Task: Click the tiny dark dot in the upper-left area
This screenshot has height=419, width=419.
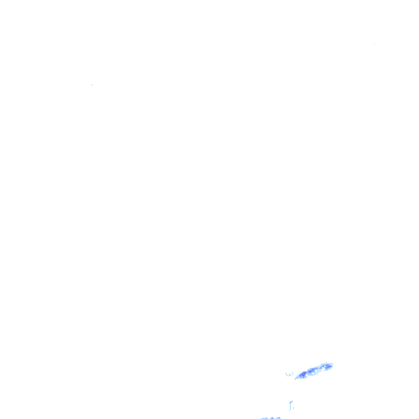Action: [x=92, y=85]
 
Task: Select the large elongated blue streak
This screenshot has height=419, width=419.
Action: [x=314, y=370]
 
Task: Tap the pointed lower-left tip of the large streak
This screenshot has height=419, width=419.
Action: [x=295, y=378]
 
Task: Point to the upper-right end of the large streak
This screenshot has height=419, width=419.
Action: [x=332, y=364]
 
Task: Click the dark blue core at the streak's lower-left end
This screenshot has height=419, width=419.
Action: [x=303, y=375]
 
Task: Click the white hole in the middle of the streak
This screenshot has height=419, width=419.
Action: [x=316, y=370]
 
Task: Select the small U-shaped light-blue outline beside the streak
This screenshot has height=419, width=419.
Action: [x=289, y=374]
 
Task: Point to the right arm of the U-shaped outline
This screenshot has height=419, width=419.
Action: [x=292, y=373]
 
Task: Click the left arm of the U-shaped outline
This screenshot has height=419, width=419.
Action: [x=286, y=373]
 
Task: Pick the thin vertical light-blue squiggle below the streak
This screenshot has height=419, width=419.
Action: [x=291, y=405]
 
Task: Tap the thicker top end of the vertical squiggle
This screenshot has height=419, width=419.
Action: [x=291, y=402]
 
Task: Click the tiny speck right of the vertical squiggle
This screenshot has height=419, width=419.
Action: [x=294, y=408]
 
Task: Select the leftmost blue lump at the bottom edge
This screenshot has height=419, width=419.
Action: [x=264, y=418]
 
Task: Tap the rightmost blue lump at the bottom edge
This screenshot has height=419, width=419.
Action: [x=278, y=417]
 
